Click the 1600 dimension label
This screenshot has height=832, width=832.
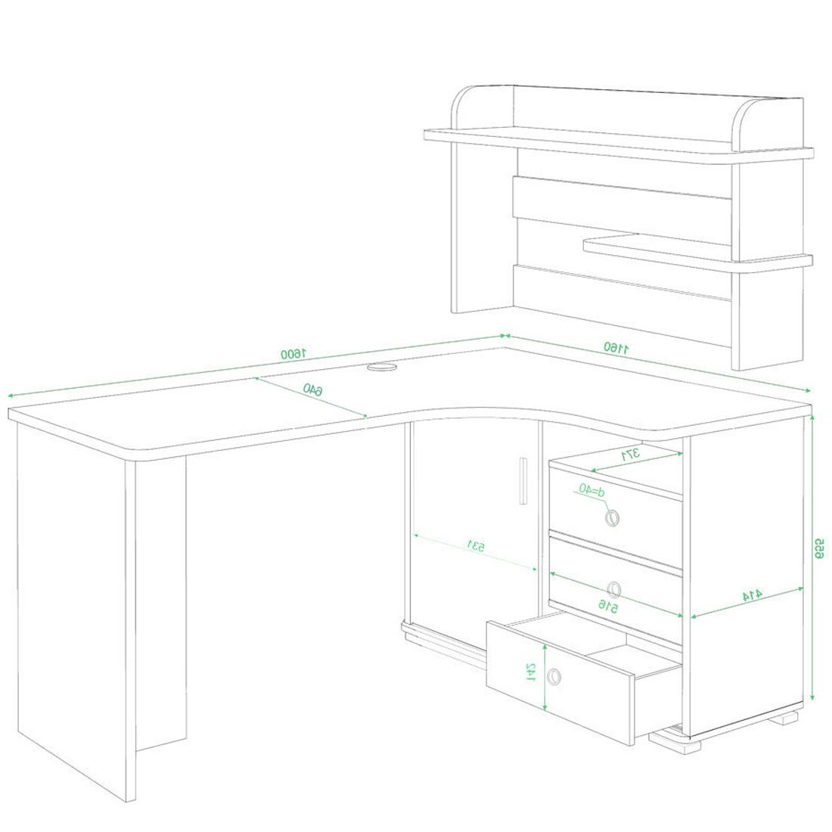tap(294, 353)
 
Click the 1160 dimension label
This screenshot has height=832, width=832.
tap(616, 348)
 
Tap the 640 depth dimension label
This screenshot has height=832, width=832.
tap(312, 390)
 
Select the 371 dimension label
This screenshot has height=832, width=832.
tap(631, 455)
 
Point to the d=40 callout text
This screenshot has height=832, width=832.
tap(591, 489)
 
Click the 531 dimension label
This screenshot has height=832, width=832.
tap(476, 545)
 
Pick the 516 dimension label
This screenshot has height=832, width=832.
tap(608, 606)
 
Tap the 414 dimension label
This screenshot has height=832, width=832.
tap(752, 595)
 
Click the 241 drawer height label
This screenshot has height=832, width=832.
tap(531, 672)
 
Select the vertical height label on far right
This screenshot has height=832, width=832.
tap(820, 548)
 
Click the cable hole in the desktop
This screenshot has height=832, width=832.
tap(382, 366)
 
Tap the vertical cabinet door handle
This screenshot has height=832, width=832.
tap(523, 480)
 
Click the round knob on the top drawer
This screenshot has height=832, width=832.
tap(613, 517)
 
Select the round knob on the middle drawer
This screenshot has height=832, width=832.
tap(614, 589)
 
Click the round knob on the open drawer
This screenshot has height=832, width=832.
tap(554, 676)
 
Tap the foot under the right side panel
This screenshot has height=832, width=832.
tap(783, 719)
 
